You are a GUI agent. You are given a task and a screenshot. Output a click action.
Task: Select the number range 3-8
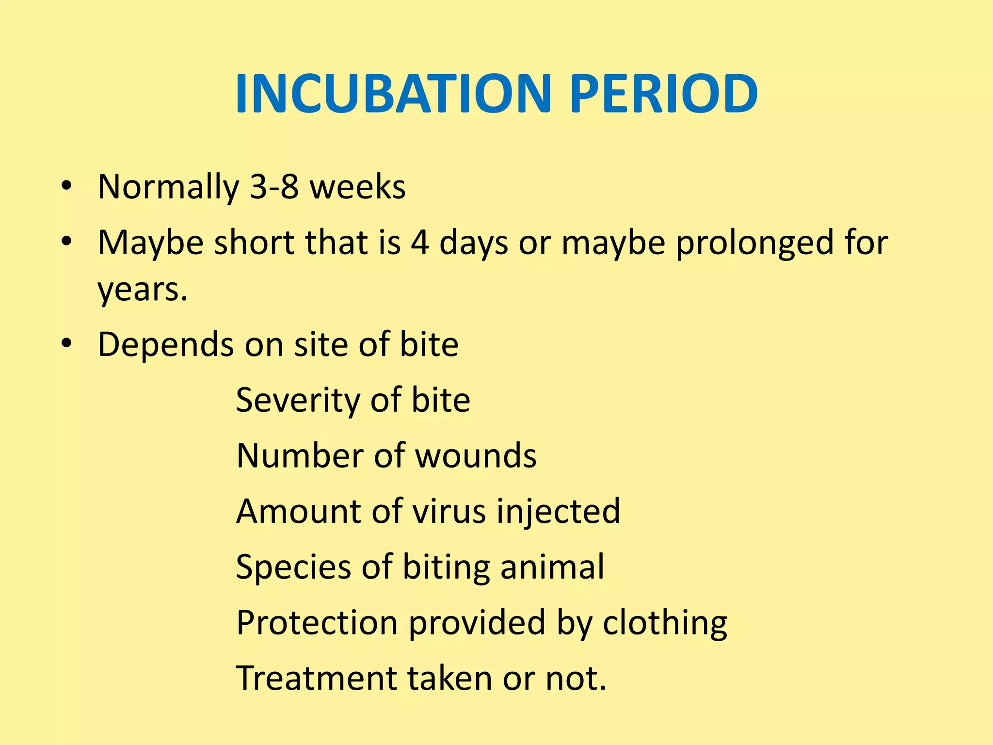[x=274, y=187]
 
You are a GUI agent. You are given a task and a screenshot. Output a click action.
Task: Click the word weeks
[x=357, y=187]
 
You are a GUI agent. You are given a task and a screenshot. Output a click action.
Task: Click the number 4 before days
[x=420, y=242]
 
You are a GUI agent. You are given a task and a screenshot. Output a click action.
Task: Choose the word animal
[x=552, y=567]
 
